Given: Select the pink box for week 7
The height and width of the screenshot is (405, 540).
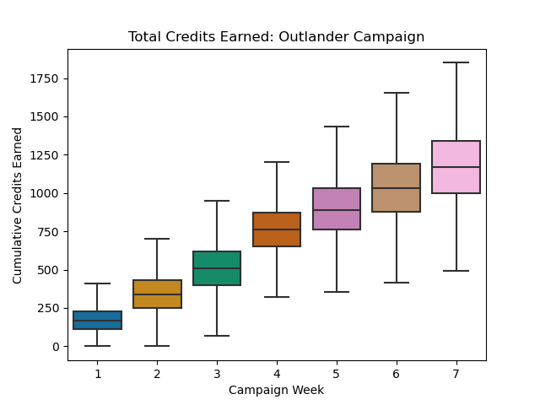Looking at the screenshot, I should [x=456, y=155].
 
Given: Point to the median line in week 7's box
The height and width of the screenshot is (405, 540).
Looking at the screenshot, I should [x=456, y=167].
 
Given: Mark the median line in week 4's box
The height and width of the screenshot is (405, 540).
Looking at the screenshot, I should [x=277, y=229].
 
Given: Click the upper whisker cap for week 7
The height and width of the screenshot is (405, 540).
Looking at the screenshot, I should [x=456, y=62].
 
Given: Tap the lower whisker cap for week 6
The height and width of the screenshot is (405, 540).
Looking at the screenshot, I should [x=396, y=283].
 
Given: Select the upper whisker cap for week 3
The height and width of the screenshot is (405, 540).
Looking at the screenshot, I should [x=217, y=201].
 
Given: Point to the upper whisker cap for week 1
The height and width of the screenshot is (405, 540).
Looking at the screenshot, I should [x=98, y=283].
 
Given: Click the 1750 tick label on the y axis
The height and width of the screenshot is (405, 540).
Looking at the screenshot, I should [x=46, y=78].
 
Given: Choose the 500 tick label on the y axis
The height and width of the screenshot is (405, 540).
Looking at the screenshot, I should [x=50, y=270].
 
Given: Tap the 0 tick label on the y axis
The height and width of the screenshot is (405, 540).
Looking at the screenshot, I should [x=56, y=347].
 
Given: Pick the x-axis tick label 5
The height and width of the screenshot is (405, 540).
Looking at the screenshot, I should [x=337, y=373].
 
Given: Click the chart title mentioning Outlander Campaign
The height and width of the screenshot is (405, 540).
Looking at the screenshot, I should [x=277, y=37].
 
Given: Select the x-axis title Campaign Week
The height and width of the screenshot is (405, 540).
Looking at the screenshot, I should [x=277, y=390].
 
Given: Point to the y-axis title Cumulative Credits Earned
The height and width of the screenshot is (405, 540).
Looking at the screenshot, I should [x=18, y=205].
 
